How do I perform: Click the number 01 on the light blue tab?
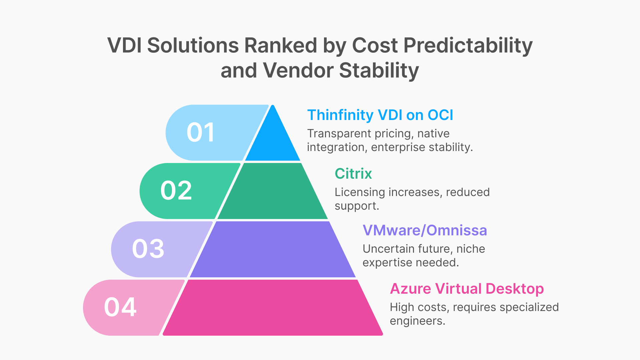[x=200, y=133]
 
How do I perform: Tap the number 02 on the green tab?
[x=176, y=191]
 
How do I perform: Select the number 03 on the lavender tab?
[x=148, y=249]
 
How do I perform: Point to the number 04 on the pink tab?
[x=120, y=307]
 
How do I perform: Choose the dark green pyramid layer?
[x=273, y=192]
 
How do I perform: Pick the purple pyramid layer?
[x=273, y=249]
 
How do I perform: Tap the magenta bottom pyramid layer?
[x=273, y=308]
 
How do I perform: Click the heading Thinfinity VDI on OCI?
[x=380, y=115]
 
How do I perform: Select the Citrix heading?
[x=353, y=174]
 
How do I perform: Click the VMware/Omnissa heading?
[x=425, y=230]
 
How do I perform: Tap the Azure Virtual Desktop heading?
[x=467, y=289]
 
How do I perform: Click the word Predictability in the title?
[x=468, y=46]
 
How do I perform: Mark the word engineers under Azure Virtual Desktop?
[x=417, y=321]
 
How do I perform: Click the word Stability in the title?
[x=379, y=71]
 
